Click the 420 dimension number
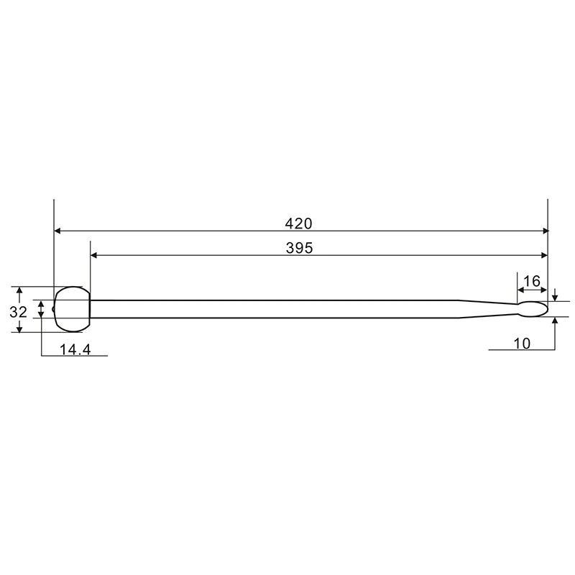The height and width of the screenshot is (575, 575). coord(298,224)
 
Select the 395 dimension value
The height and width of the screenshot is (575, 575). coord(299,248)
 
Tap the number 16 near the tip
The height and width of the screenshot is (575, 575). coord(532,281)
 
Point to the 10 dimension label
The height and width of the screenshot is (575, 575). coord(522,344)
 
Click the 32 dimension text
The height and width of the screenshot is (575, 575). coord(19,312)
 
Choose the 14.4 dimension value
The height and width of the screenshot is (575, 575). coord(75,349)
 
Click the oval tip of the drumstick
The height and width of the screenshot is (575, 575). coord(533,309)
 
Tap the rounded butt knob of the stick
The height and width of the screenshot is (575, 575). coord(72,309)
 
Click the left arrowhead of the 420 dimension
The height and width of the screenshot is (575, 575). coord(57,231)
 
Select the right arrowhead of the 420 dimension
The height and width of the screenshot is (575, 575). coord(545,231)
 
